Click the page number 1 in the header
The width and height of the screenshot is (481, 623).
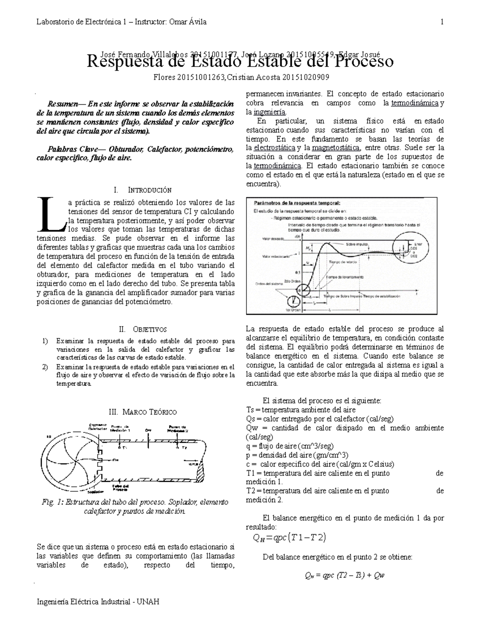[442, 22]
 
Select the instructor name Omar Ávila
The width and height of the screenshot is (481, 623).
[189, 22]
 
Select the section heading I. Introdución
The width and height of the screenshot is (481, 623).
[142, 190]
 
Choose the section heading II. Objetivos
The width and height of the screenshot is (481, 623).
[143, 329]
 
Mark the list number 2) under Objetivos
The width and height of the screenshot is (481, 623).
[45, 367]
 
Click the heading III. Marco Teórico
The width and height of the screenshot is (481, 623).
[143, 412]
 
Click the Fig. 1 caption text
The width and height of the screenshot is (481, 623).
[135, 507]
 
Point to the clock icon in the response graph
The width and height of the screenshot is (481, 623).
[294, 301]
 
